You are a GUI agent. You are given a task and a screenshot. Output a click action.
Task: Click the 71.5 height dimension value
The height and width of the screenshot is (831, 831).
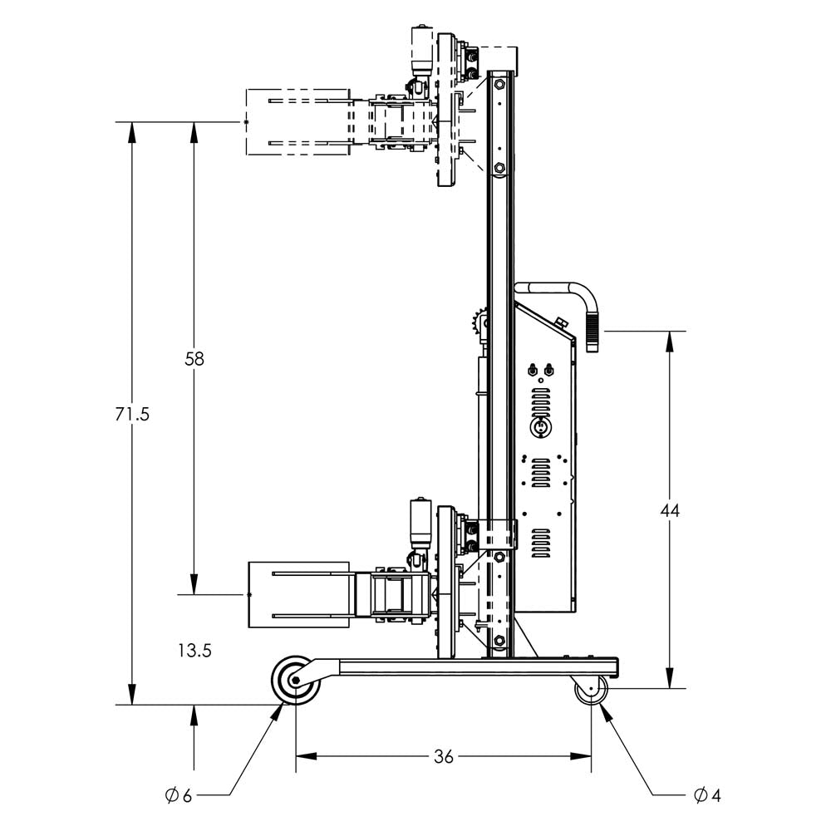[132, 413]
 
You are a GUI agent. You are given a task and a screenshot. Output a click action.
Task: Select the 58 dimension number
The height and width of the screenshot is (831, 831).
[194, 359]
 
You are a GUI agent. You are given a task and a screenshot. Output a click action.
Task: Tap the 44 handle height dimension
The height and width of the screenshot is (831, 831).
[670, 510]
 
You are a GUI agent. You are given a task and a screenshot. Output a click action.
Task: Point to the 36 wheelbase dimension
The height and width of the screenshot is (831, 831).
[444, 756]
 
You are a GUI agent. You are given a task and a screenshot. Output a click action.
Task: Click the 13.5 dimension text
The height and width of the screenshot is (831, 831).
[194, 650]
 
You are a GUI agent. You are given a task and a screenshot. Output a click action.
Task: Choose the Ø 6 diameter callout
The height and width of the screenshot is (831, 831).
[179, 795]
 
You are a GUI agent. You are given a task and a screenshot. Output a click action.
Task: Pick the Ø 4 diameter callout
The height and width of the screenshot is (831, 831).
[706, 795]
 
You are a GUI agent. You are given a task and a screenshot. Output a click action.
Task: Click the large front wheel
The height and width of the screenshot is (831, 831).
[295, 681]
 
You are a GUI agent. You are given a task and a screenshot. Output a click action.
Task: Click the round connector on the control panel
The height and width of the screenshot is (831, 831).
[540, 425]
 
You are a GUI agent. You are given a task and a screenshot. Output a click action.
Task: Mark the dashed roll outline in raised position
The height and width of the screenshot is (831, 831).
[297, 122]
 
